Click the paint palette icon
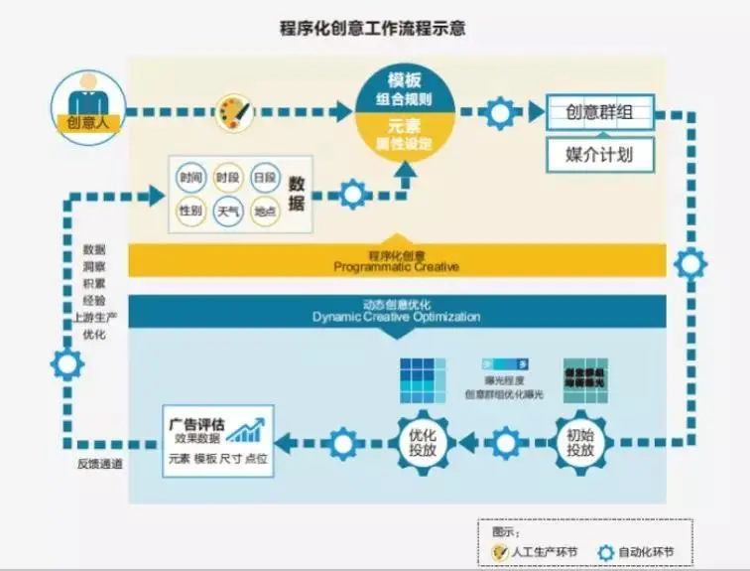coord(235,111)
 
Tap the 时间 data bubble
coord(191,178)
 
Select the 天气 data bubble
coord(228,213)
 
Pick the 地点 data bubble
coord(264,213)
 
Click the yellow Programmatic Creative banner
coord(396,260)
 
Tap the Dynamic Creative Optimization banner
coord(396,310)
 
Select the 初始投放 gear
coord(580,441)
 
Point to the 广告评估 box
coord(217,439)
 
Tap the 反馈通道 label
coord(101,464)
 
